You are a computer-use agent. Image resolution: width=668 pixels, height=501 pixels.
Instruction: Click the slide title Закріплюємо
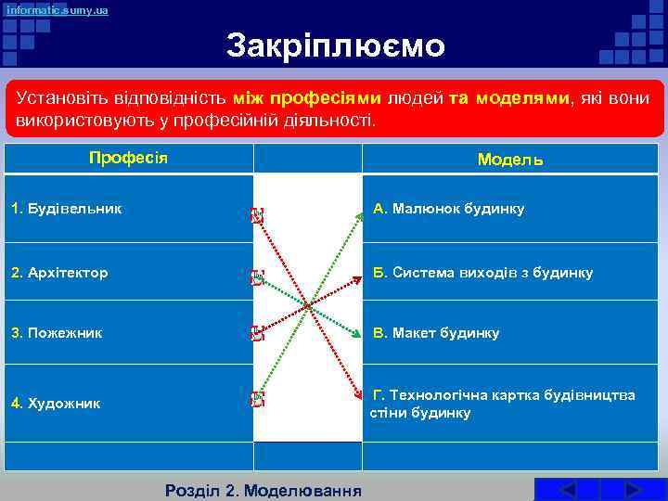[x=336, y=45]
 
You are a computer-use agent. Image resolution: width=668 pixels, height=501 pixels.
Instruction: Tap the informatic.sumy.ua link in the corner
[x=58, y=10]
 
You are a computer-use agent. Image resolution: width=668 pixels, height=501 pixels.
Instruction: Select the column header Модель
[x=510, y=159]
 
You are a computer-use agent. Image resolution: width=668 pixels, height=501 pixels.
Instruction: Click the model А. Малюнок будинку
[x=449, y=209]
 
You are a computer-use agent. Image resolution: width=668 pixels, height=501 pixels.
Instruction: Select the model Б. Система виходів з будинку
[x=482, y=273]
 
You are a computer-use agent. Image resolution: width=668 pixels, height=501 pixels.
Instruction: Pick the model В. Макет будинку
[x=436, y=332]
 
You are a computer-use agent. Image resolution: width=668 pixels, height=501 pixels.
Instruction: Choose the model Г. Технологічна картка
[x=503, y=404]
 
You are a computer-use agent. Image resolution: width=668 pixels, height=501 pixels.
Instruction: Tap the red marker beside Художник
[x=257, y=400]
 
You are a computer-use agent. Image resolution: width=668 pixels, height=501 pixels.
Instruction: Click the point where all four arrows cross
[x=307, y=305]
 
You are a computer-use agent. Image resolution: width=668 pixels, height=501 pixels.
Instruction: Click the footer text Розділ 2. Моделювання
[x=263, y=490]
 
